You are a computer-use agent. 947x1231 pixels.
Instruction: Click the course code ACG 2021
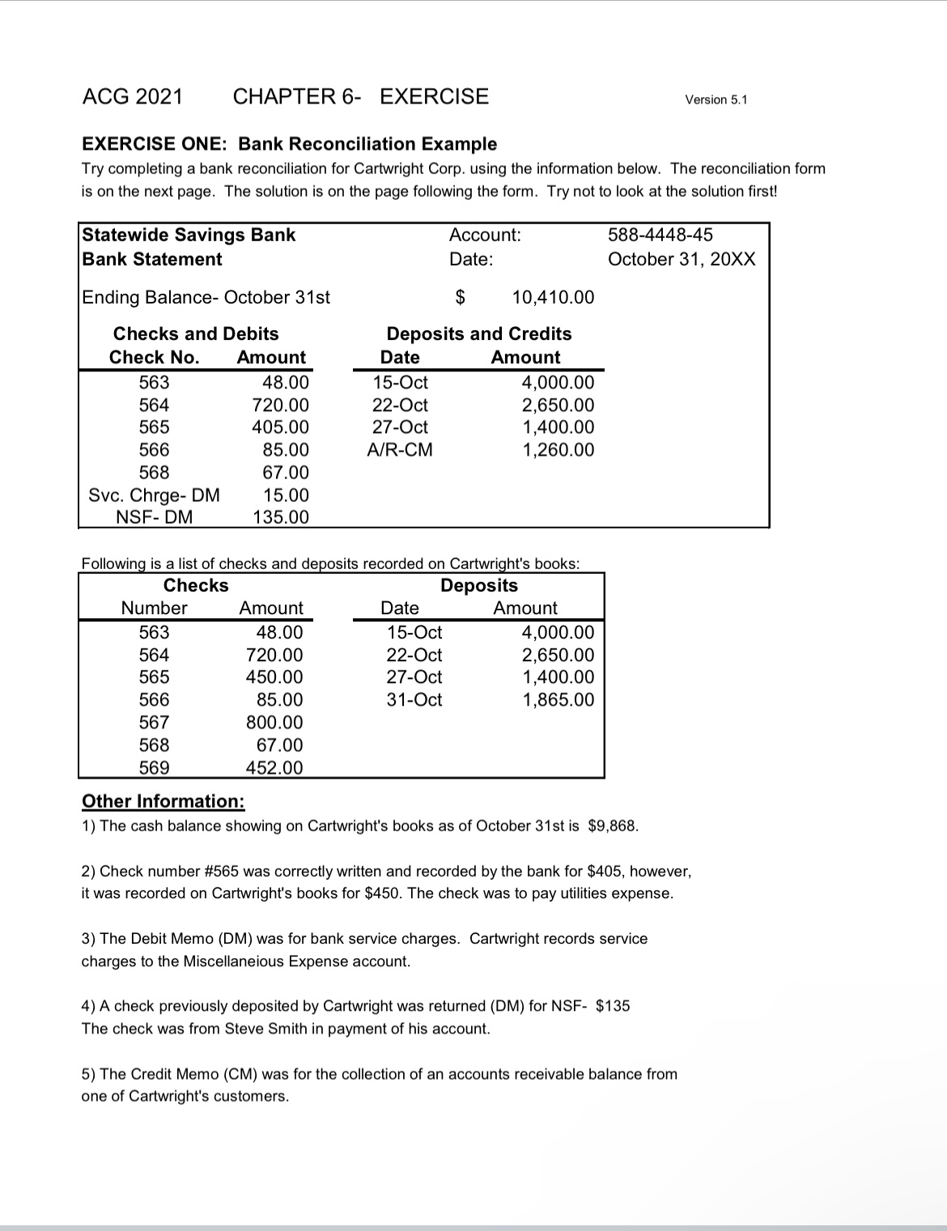tap(133, 96)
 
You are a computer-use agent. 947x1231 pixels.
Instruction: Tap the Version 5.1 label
tap(716, 100)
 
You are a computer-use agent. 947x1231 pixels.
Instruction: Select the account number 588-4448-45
tap(660, 235)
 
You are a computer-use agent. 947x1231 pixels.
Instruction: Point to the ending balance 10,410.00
tap(553, 297)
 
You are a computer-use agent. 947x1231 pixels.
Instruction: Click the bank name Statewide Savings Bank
tap(189, 235)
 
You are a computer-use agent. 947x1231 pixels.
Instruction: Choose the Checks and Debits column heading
tap(196, 333)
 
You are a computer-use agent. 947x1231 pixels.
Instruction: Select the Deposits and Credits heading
tap(478, 333)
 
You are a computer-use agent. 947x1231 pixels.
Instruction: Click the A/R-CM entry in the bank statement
tap(400, 449)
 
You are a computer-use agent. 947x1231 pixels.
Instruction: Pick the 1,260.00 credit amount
tap(558, 449)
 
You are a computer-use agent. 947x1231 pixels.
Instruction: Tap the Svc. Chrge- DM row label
tap(154, 495)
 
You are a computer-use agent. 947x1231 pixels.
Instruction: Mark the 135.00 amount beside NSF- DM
tap(280, 516)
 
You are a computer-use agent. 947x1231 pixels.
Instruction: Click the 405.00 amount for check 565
tap(280, 427)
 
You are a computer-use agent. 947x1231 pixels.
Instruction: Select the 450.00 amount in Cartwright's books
tap(274, 677)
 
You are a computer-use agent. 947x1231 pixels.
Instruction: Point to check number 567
tap(154, 722)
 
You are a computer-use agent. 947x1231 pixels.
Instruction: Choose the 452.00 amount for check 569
tap(274, 767)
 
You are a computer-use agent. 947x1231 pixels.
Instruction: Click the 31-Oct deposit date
tap(414, 699)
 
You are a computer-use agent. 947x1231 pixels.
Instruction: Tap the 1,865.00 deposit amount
tap(558, 699)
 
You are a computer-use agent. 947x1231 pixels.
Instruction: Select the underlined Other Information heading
tap(163, 801)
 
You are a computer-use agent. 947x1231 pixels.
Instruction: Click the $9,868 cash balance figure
tap(613, 826)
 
